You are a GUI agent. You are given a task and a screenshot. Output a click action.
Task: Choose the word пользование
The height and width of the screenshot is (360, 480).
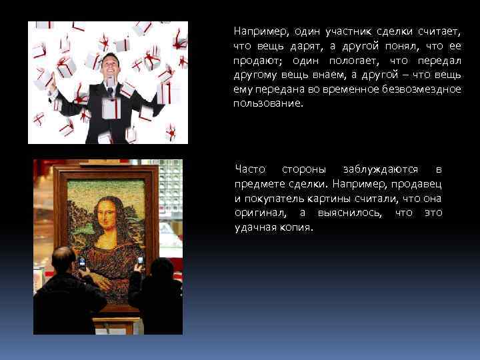click(267, 104)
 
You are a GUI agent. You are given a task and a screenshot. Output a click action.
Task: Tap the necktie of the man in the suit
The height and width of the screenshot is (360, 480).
click(109, 89)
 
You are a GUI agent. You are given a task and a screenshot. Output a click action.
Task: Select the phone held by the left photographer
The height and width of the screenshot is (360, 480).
click(82, 262)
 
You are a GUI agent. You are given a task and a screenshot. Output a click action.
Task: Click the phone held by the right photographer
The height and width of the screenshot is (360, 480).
click(139, 261)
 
